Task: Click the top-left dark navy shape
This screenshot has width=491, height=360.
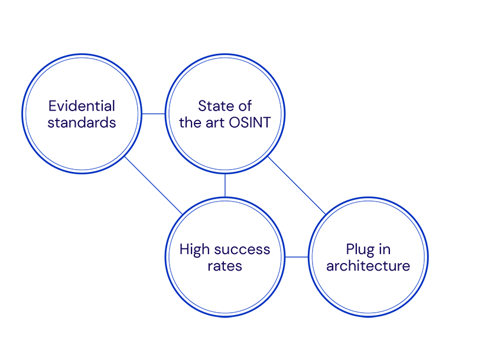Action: point(82,112)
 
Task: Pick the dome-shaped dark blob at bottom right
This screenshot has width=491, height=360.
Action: point(368,256)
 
